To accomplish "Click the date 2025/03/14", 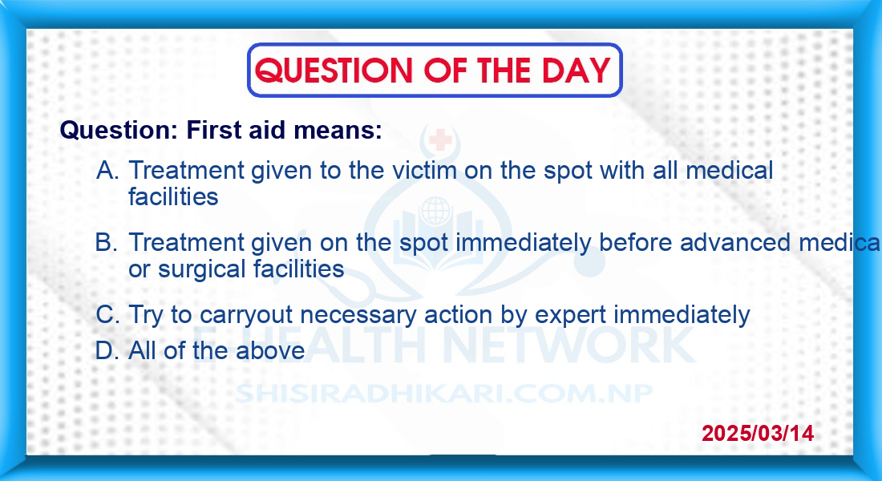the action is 758,433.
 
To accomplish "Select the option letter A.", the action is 107,170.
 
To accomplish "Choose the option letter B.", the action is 107,242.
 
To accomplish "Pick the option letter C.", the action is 107,314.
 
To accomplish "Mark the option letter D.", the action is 107,351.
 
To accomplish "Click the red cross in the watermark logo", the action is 440,139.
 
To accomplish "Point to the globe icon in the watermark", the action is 435,211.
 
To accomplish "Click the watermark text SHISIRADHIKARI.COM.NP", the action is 444,394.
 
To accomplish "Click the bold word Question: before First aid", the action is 119,131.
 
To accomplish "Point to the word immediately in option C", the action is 682,315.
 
